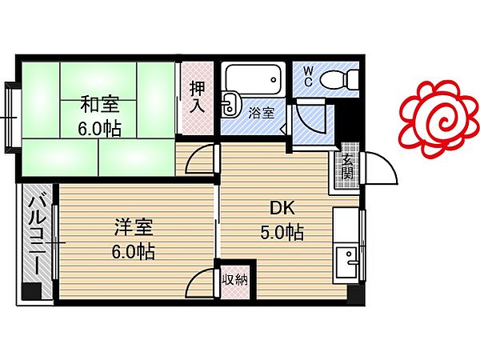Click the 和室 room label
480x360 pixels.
click(100, 104)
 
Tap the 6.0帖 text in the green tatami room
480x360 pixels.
click(100, 128)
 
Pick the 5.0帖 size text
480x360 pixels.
click(282, 233)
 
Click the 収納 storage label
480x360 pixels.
click(235, 279)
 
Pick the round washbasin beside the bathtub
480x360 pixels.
click(230, 102)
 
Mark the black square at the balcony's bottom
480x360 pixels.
click(31, 292)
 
